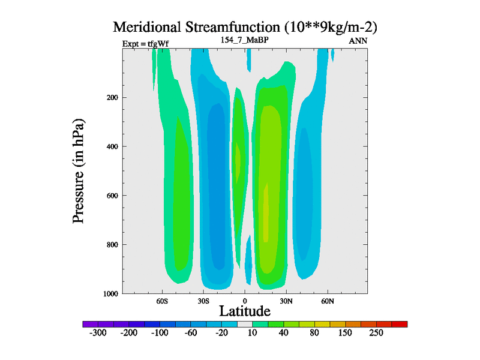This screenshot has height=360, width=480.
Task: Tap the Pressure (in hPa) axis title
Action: (x=79, y=171)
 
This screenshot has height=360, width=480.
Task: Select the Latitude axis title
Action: (x=245, y=311)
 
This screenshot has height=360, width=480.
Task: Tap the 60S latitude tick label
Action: (x=163, y=300)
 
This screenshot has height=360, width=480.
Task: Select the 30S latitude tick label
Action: (x=203, y=300)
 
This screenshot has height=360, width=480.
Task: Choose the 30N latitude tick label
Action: (x=286, y=300)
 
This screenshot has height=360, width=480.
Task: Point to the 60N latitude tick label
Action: (x=327, y=300)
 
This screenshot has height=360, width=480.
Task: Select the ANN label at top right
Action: (x=358, y=41)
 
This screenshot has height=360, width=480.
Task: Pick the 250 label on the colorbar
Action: (x=376, y=333)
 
